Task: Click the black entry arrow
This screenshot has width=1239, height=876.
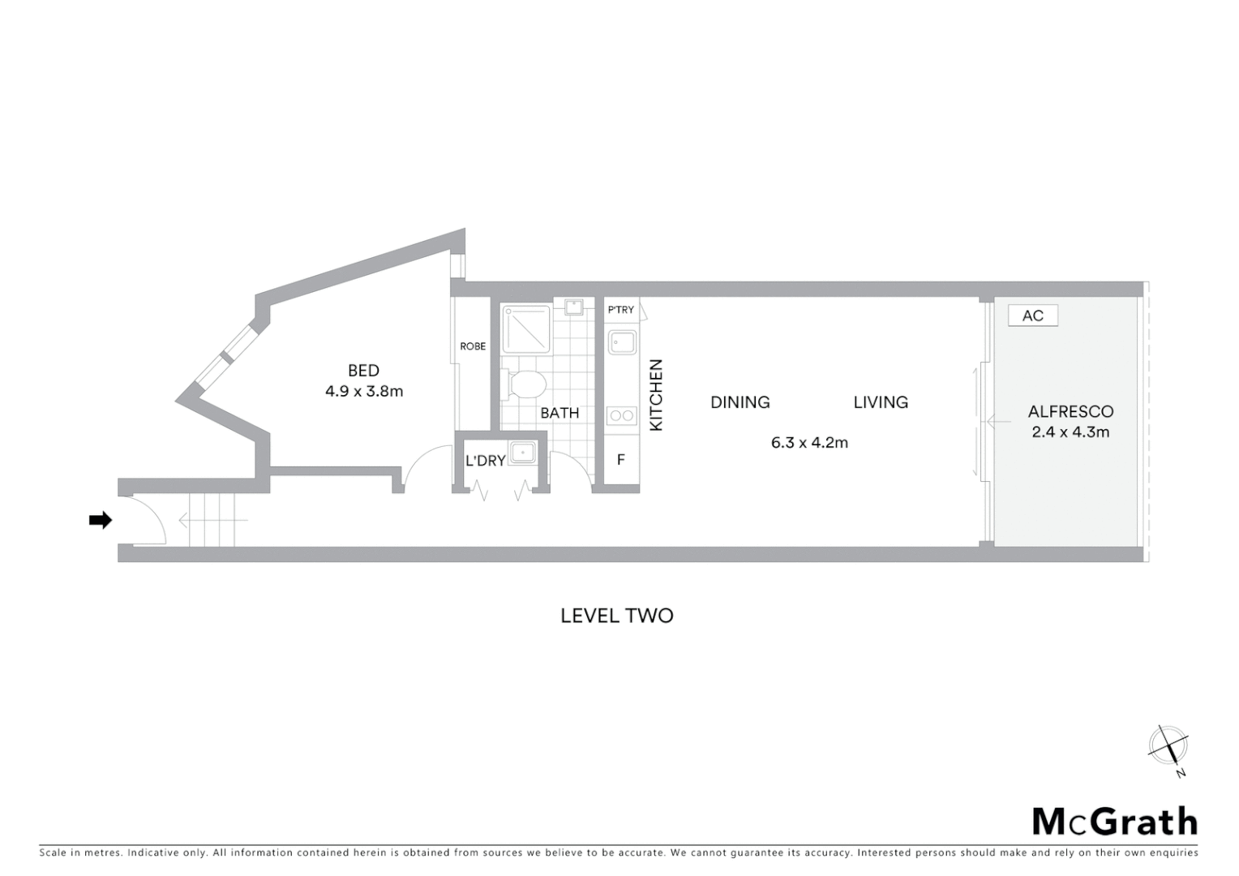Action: (100, 521)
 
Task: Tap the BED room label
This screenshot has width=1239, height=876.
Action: (363, 371)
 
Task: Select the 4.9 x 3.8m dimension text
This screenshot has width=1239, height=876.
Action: (364, 391)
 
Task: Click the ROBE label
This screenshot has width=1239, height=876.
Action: (473, 346)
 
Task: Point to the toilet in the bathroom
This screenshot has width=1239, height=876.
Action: (525, 384)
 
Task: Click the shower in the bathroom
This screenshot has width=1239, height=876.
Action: (525, 328)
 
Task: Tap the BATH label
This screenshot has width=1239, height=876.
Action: (559, 413)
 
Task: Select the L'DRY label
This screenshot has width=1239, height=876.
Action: (485, 461)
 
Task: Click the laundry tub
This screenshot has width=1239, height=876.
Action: (523, 453)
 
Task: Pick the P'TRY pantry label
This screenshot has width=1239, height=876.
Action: (621, 310)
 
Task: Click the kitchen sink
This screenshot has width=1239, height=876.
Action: (622, 341)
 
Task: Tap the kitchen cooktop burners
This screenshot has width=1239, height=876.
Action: (622, 416)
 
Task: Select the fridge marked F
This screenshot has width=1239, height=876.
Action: (621, 460)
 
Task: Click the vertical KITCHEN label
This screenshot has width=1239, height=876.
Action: (657, 395)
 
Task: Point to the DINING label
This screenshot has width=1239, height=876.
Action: (740, 402)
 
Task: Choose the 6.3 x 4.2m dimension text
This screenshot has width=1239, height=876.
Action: (809, 443)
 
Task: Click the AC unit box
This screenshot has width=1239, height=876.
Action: (1033, 316)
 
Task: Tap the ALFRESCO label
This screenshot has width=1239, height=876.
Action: (1070, 411)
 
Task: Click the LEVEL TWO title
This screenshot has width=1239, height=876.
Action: (617, 616)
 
